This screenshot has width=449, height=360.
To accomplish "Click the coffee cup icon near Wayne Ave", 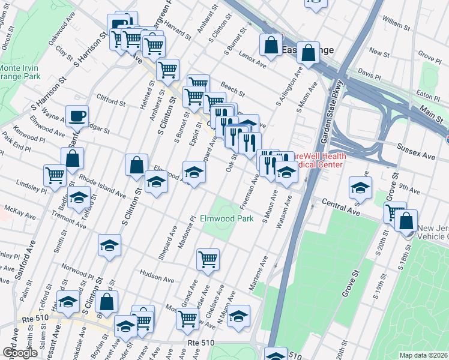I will pyautogui.click(x=77, y=115).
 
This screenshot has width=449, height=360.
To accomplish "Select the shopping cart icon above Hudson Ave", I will pyautogui.click(x=208, y=259).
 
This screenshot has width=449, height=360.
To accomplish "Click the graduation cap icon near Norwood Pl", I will pyautogui.click(x=109, y=245).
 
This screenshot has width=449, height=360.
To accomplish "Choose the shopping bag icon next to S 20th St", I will pyautogui.click(x=407, y=220).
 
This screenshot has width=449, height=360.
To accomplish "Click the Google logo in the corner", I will pyautogui.click(x=20, y=353).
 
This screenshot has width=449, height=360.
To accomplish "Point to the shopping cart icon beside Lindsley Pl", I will pyautogui.click(x=55, y=175).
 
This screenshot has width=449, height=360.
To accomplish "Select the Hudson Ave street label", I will pyautogui.click(x=156, y=271).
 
